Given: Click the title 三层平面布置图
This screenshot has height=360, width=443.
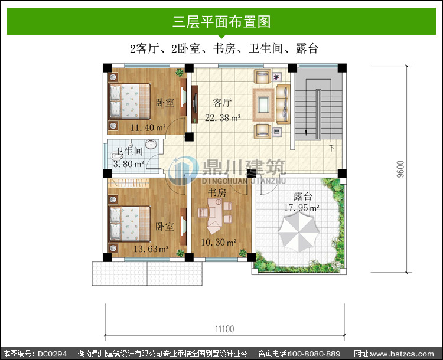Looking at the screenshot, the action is coord(221,21).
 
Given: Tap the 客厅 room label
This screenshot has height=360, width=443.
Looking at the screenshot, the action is coord(222,103).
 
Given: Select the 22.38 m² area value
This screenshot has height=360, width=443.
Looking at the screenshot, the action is coord(223,117).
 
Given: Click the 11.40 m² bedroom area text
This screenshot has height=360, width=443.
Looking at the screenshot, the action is coord(148,127).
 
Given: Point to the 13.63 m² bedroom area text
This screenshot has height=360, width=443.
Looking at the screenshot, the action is coord(151,248).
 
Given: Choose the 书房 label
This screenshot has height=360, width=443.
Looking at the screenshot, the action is coord(217,192).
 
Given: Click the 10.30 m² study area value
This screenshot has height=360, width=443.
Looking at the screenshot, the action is coord(219,242).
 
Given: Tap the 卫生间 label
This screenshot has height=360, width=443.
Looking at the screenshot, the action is coord(129,151).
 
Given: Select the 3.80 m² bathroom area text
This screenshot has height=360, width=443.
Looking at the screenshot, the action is coord(129,163).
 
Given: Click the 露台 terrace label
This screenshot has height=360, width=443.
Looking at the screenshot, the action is coord(302,196).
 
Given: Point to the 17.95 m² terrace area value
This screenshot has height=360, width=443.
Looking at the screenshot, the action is coord(302,208).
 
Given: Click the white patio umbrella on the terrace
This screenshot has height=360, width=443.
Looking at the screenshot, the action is coord(299,231).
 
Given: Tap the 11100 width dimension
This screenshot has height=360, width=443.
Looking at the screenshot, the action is coord(224,329).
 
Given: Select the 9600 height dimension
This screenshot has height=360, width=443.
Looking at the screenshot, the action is coord(400,169).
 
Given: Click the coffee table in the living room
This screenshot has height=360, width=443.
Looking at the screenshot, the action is coord(263,104).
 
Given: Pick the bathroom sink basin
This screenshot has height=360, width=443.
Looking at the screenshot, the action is coord(151,144).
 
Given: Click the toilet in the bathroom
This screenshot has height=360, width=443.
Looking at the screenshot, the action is coord(116,155).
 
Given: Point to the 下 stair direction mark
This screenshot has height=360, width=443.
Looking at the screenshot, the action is coord(331,148).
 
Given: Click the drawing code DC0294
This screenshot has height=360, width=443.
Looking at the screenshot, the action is coord(52,354).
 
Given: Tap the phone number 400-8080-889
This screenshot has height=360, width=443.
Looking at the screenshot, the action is coord(314,354).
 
